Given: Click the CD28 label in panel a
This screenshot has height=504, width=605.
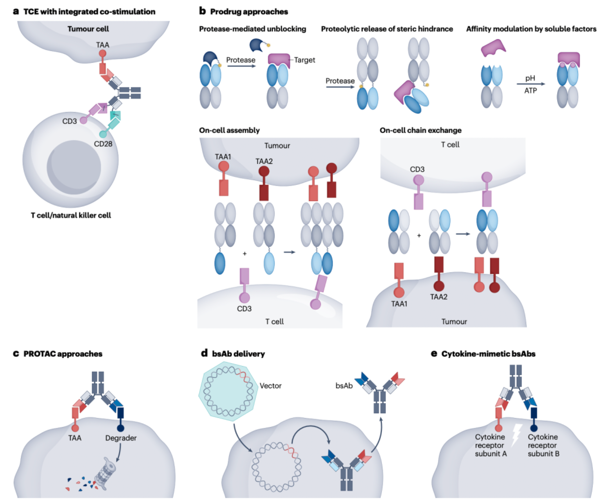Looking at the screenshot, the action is (x=103, y=144).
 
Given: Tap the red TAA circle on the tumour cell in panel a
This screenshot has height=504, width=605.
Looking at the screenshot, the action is (x=102, y=53).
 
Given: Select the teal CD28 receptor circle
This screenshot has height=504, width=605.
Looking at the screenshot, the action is (x=103, y=134).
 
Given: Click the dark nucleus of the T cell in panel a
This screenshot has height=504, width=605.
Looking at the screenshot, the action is (x=74, y=167).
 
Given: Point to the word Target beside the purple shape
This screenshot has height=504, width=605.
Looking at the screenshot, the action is (x=304, y=60).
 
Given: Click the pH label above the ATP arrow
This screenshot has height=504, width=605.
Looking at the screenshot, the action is (x=530, y=78).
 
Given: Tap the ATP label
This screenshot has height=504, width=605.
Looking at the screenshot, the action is (x=530, y=91).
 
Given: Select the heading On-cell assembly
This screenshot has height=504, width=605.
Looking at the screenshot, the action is (x=229, y=130).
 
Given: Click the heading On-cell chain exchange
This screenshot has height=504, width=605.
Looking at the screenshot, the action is (x=420, y=130).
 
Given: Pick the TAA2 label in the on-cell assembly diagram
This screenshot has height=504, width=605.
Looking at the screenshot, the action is (x=264, y=161).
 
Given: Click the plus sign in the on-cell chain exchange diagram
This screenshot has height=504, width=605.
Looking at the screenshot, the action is (x=419, y=236).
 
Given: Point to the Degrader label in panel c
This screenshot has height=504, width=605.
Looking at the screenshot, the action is (x=121, y=438).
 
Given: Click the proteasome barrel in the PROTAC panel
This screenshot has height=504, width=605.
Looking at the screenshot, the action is (x=106, y=474).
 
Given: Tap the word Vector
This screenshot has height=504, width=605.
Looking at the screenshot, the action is (x=270, y=386).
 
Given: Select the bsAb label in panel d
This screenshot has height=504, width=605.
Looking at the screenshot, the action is (x=344, y=386).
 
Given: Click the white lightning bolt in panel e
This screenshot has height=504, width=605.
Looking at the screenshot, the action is (x=516, y=435).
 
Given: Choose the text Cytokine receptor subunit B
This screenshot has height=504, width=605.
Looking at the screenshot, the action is (x=543, y=445).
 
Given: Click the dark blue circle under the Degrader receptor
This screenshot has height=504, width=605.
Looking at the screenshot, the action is (x=121, y=428).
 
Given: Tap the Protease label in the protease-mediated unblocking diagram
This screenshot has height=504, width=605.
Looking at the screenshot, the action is (x=241, y=60).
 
